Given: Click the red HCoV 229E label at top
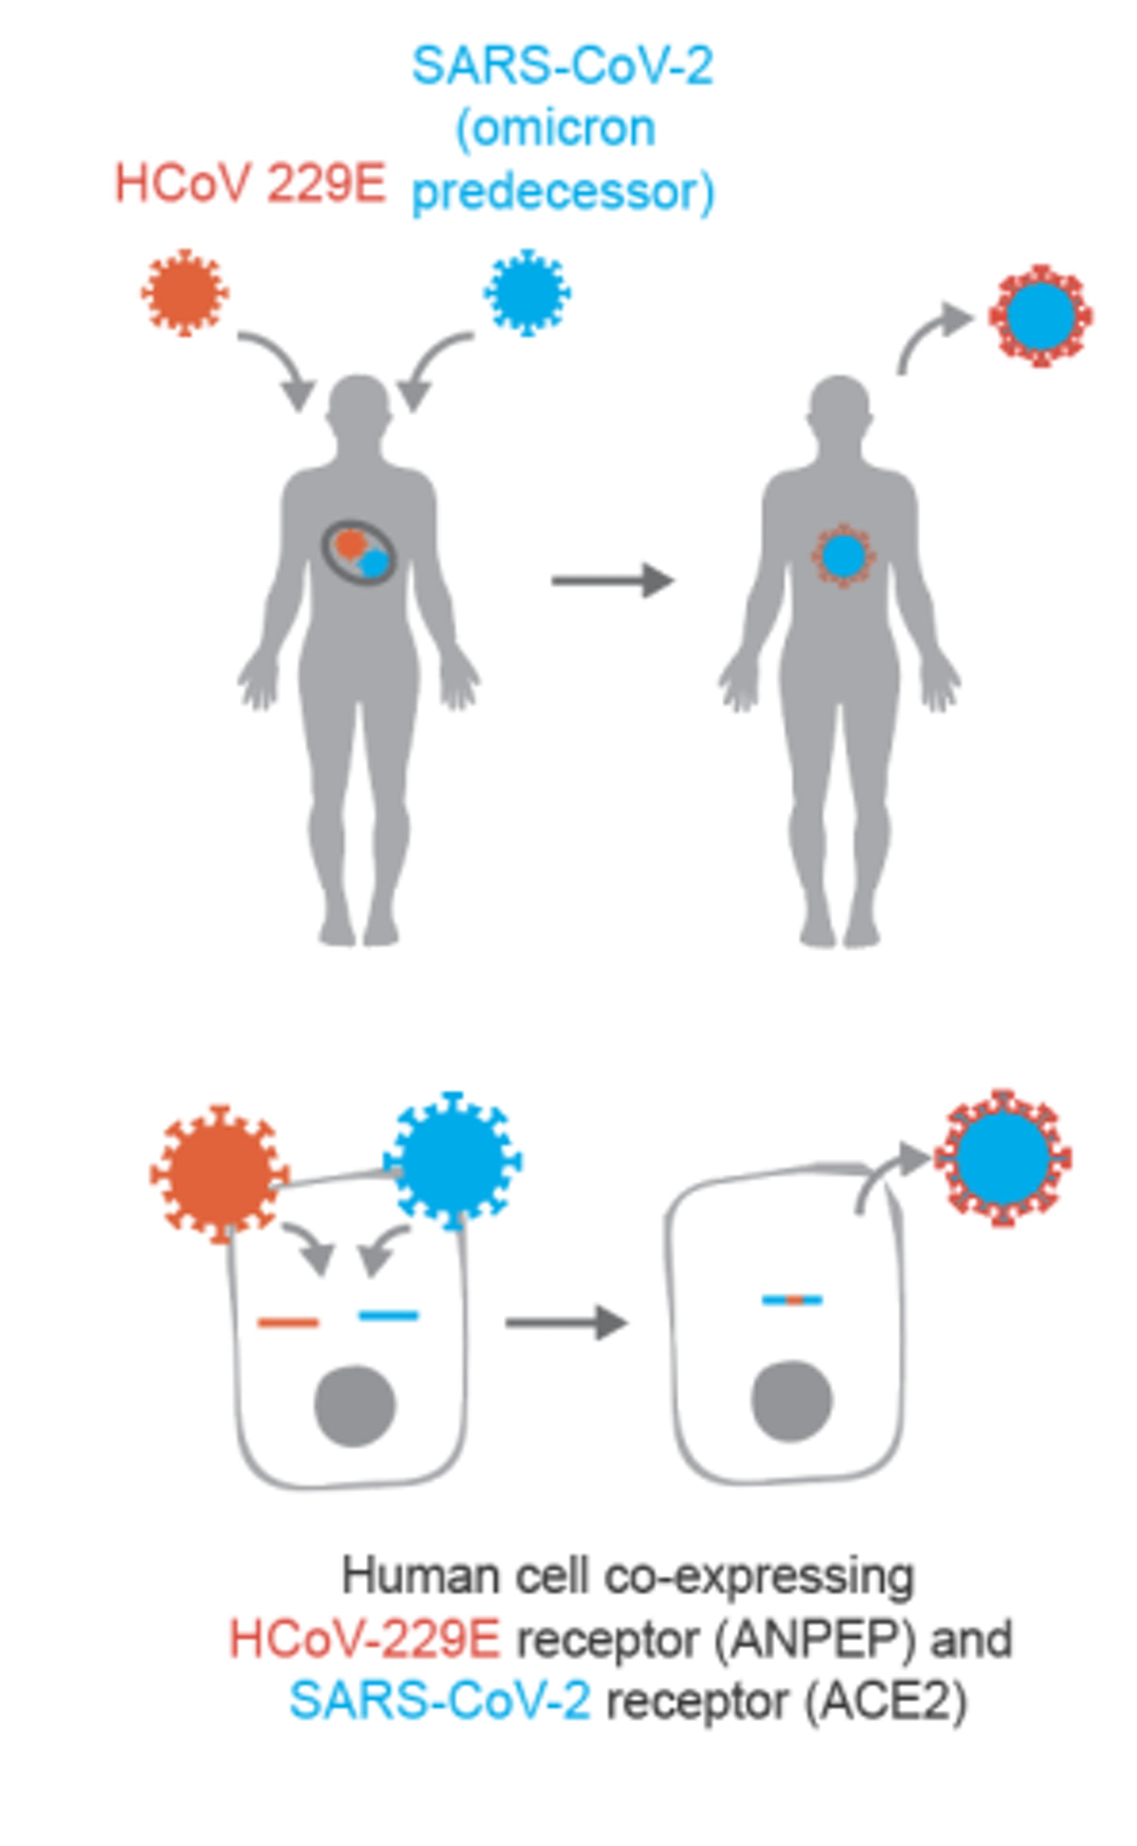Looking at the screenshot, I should tap(250, 184).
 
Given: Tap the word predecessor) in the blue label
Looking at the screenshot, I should tap(563, 193).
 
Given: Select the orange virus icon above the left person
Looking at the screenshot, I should tap(184, 292).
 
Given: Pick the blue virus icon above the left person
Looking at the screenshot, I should tap(526, 292).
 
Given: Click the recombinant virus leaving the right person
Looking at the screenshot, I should tap(1040, 316).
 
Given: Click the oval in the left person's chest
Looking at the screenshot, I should tap(359, 553).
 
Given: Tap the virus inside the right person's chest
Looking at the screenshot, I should tap(843, 556).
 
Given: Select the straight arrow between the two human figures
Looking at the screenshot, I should tap(612, 580).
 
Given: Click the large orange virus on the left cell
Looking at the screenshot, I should tap(219, 1174).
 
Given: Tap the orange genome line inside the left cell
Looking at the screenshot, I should tap(288, 1322).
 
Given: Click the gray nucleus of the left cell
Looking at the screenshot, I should tap(354, 1406).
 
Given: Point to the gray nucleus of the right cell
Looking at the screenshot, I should tap(791, 1400).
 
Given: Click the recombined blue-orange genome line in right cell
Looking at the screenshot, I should tap(792, 1300).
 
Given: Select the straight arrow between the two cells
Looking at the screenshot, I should tap(566, 1322).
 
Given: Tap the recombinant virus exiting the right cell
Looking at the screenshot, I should tap(1003, 1158).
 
